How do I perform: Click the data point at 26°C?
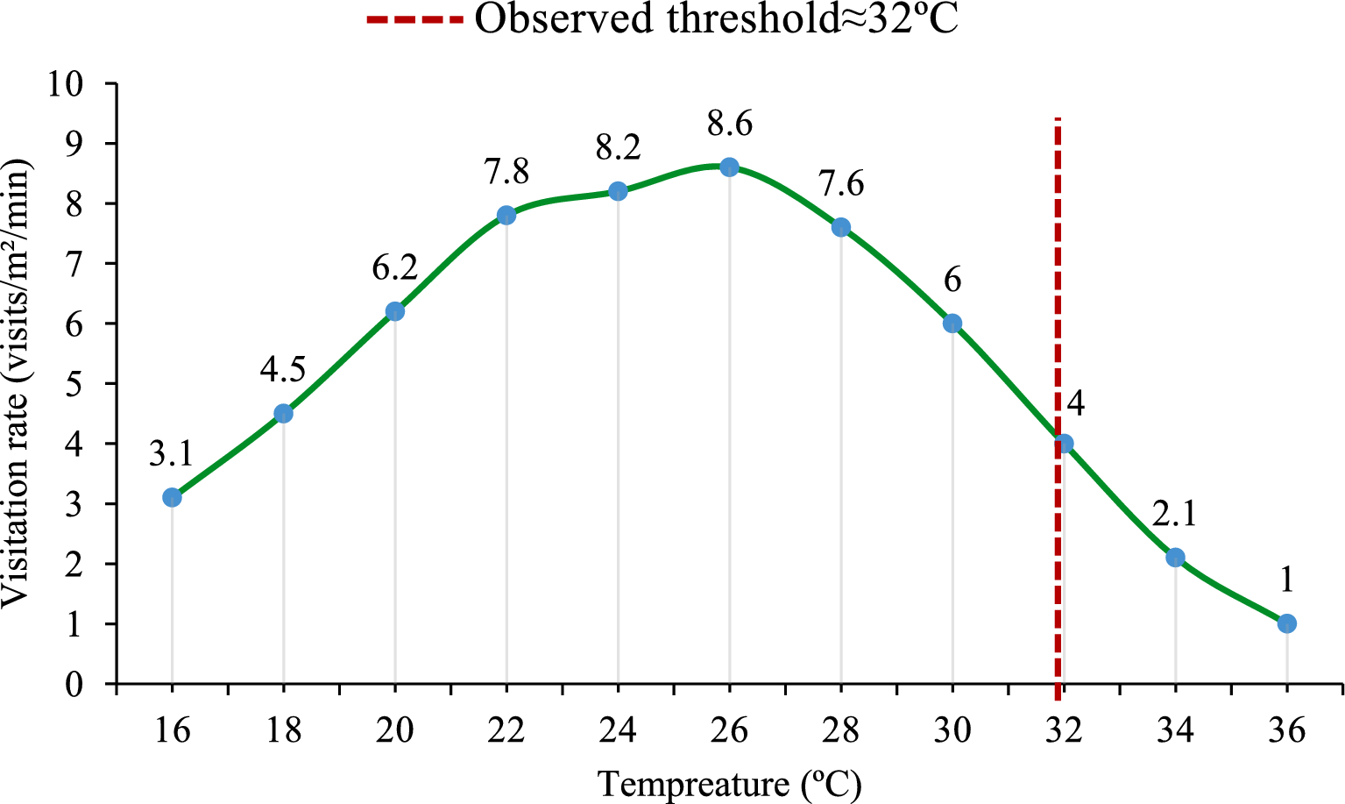(x=729, y=167)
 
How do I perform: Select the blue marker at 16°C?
(x=172, y=497)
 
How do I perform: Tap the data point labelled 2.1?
(x=1175, y=558)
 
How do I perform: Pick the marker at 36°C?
(x=1286, y=623)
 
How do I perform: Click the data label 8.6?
(x=730, y=125)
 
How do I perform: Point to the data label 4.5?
(x=283, y=370)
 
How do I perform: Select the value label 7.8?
(x=506, y=172)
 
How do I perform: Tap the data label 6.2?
(x=394, y=268)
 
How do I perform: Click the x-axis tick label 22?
(x=506, y=729)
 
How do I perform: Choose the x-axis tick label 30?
(x=952, y=729)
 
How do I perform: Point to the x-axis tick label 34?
(x=1175, y=729)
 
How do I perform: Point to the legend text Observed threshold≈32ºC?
(x=717, y=19)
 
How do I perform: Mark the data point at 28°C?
(x=840, y=227)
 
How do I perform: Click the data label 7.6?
(x=841, y=184)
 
